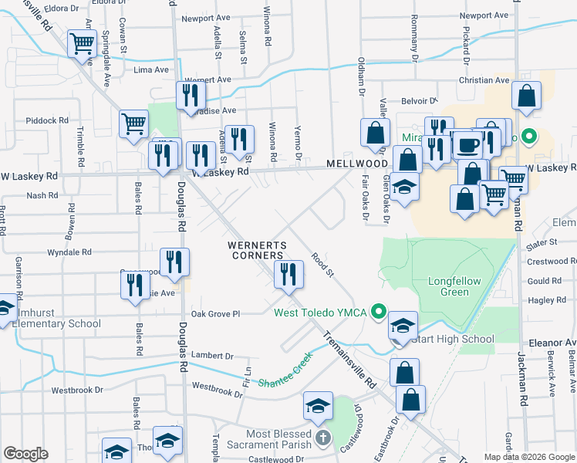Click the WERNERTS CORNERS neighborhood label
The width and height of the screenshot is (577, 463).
pyautogui.click(x=258, y=252)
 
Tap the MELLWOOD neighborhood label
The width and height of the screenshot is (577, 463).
pyautogui.click(x=356, y=164)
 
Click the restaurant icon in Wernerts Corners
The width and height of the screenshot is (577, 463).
pyautogui.click(x=288, y=274)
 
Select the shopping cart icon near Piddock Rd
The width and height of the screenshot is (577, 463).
pyautogui.click(x=133, y=123)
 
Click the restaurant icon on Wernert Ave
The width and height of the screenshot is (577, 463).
pyautogui.click(x=190, y=95)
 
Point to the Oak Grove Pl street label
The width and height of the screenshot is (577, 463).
pyautogui.click(x=216, y=314)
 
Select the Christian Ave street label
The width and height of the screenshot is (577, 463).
pyautogui.click(x=484, y=80)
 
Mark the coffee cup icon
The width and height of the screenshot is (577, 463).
pyautogui.click(x=468, y=144)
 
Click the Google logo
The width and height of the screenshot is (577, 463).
pyautogui.click(x=26, y=454)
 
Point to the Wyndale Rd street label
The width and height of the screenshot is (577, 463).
pyautogui.click(x=69, y=252)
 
